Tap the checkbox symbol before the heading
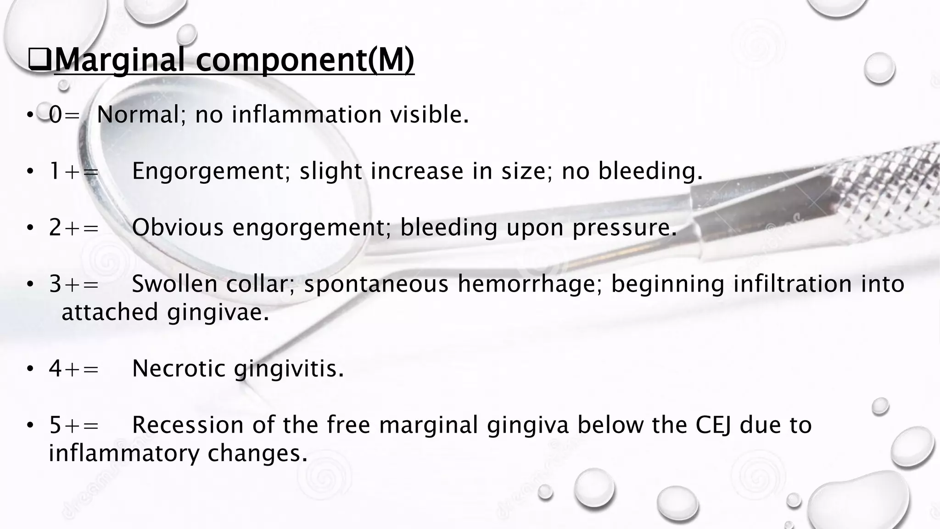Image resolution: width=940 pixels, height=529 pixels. pos(39,61)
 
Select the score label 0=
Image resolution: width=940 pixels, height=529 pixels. pos(64,115)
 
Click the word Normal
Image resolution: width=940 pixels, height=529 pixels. pos(138,115)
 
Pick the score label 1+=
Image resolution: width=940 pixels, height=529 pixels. pos(74,172)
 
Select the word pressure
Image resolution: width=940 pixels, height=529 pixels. pos(624,228)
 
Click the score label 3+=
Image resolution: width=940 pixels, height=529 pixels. pos(74,284)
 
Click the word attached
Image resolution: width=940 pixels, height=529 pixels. pos(110,313)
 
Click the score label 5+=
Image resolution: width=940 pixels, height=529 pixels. pos(74,425)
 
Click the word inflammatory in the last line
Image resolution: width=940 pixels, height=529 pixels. pos(124,454)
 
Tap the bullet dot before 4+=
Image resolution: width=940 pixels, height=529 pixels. pos(30,369)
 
